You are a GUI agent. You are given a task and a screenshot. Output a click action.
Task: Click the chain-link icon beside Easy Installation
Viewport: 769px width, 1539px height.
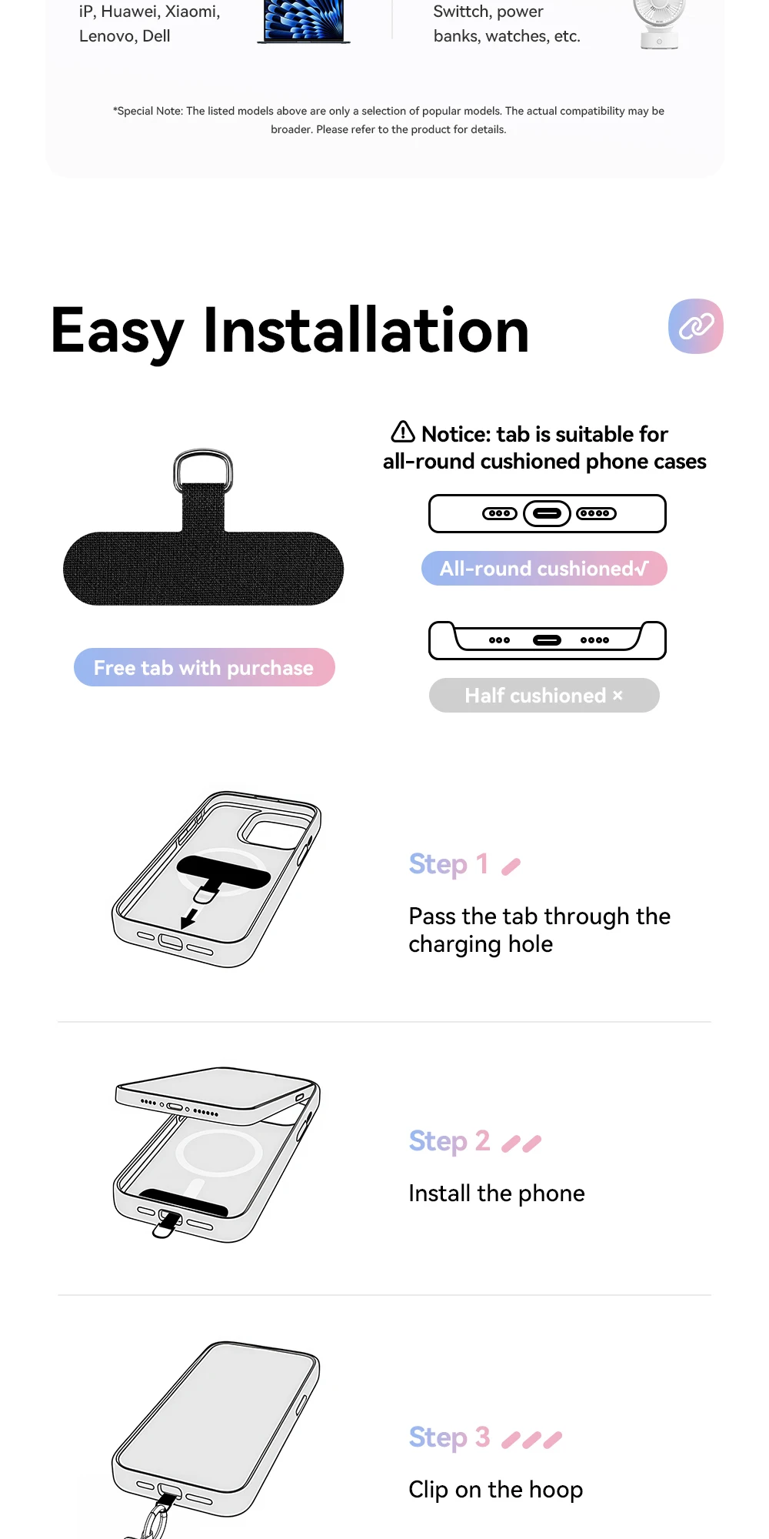point(696,326)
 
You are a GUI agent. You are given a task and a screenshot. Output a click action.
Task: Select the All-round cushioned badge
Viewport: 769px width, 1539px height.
point(544,569)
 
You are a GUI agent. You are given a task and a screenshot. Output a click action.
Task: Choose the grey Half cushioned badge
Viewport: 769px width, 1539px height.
point(544,696)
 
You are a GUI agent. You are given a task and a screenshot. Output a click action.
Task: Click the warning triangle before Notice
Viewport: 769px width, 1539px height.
point(403,432)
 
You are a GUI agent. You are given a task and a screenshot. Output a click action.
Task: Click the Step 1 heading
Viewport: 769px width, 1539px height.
point(448,864)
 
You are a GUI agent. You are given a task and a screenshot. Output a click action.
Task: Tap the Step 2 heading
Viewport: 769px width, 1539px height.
point(449,1141)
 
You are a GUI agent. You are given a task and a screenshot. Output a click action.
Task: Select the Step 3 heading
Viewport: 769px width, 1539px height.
point(449,1437)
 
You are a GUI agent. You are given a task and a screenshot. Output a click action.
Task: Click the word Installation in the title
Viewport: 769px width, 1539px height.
point(366,331)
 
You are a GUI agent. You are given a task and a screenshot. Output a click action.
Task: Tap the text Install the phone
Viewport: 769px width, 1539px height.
point(497,1193)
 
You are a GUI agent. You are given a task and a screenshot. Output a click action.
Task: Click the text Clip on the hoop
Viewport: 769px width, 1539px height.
point(496,1490)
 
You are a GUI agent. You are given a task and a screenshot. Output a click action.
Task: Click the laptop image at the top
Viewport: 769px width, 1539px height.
point(304,22)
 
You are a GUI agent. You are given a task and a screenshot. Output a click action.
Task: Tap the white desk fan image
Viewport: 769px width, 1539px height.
point(659,23)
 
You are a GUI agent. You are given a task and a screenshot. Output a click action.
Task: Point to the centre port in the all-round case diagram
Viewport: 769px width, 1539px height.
point(547,513)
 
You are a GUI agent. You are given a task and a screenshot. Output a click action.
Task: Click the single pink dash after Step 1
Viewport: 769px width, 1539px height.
point(511,867)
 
